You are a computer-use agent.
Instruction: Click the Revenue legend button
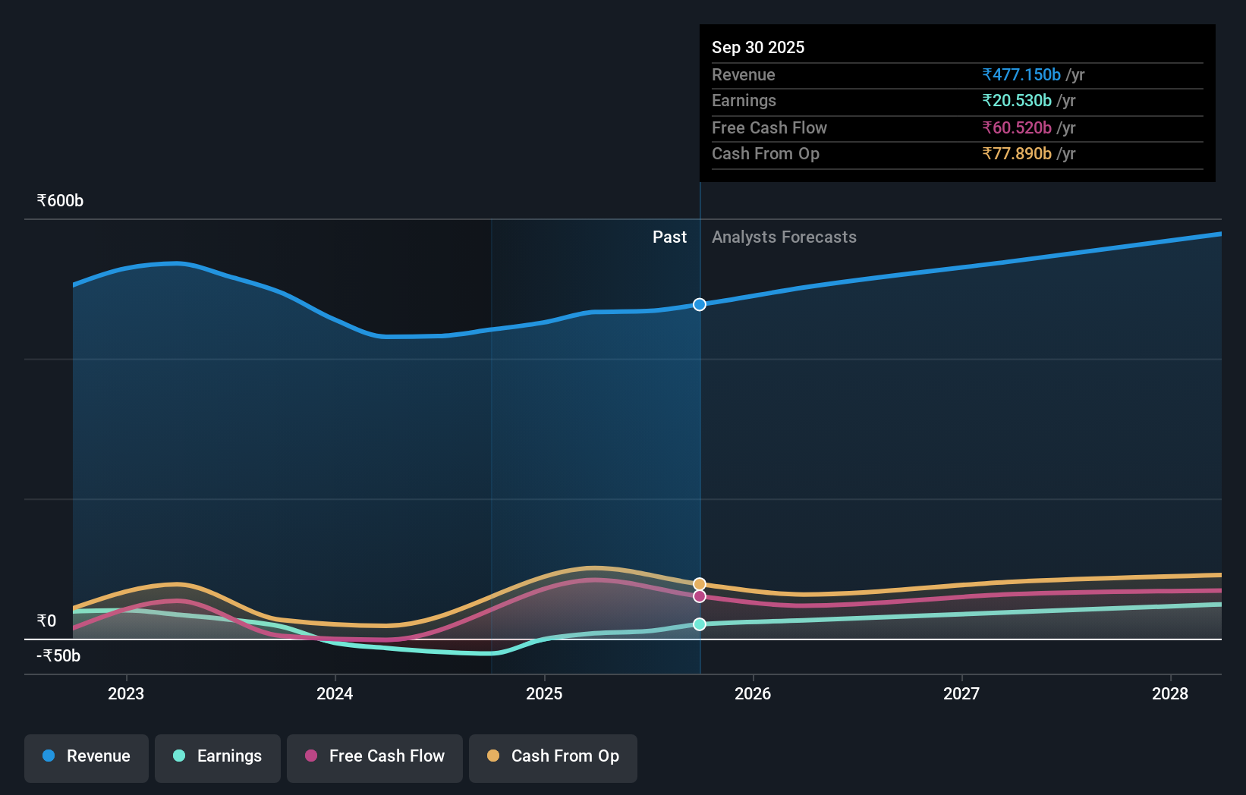(x=87, y=756)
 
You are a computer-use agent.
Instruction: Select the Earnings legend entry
(x=218, y=756)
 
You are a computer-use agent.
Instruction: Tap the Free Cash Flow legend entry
(x=375, y=756)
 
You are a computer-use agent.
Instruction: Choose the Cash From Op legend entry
(x=553, y=756)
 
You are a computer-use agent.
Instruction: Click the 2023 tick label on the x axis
(x=126, y=693)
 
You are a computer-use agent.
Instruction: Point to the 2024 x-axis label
(x=335, y=693)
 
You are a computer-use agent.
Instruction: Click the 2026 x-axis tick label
(x=753, y=693)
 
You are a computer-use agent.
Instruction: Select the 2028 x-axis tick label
(x=1170, y=693)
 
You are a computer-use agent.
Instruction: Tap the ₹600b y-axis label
(x=60, y=201)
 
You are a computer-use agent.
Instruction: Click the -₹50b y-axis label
(x=58, y=656)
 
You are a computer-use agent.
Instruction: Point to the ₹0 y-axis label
(x=46, y=621)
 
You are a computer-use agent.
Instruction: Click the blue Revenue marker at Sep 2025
(x=700, y=304)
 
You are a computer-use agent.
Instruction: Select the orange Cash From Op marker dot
(x=700, y=584)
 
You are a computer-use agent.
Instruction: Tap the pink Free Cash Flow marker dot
(x=700, y=596)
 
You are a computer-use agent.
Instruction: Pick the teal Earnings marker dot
(x=700, y=624)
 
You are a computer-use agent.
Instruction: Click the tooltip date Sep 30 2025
(x=758, y=47)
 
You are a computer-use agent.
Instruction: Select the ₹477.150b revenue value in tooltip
(x=1021, y=74)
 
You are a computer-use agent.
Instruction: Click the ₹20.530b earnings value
(x=1017, y=101)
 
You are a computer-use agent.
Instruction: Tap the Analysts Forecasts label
(x=784, y=237)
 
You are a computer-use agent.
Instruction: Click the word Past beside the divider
(x=669, y=237)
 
